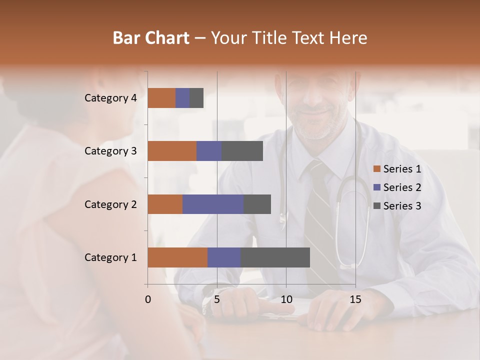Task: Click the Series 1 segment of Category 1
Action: point(177,257)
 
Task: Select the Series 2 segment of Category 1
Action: point(224,257)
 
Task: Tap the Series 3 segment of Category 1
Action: point(275,257)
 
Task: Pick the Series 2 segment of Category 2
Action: point(213,204)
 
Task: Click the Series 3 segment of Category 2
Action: point(257,204)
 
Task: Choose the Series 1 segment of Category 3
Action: point(172,151)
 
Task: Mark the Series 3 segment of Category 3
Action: point(242,151)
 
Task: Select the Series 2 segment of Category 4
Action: point(182,98)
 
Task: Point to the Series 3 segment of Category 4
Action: point(196,98)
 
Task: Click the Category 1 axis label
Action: point(110,257)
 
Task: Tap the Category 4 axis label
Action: point(110,98)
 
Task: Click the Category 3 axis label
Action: point(110,151)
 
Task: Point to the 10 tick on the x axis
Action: point(286,299)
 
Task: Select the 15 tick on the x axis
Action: point(355,299)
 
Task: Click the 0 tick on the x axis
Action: point(148,299)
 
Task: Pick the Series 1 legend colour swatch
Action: point(377,169)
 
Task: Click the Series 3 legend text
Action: point(402,206)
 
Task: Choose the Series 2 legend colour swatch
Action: point(377,187)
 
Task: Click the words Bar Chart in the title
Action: point(151,38)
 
